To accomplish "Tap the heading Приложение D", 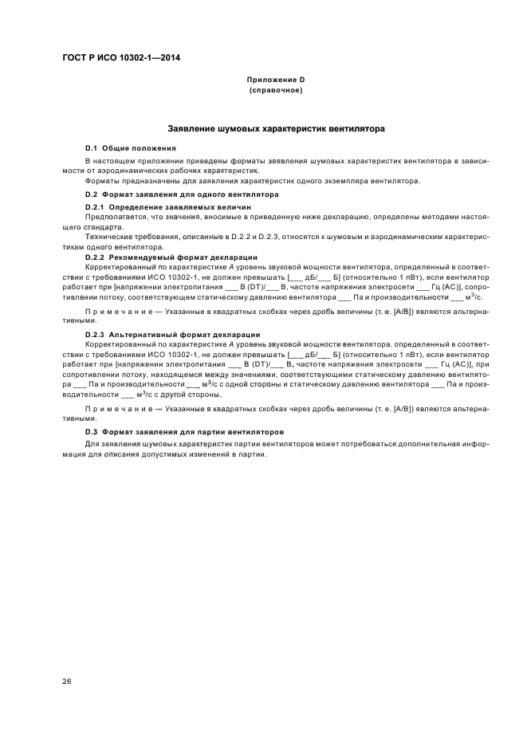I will coord(276,81).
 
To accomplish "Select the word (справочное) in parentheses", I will coord(276,91).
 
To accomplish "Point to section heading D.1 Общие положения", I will coord(131,148).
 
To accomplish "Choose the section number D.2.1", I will coord(96,206).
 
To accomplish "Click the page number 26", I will coord(67,681).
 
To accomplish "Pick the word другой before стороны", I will coord(179,395).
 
